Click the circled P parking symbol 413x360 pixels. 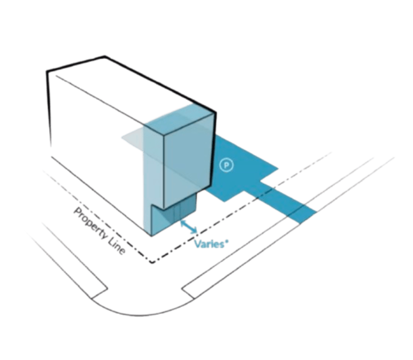click(x=227, y=165)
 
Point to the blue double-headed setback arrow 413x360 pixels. click(x=189, y=225)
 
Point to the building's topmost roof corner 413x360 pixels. click(x=105, y=56)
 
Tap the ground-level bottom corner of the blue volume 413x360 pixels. click(x=151, y=235)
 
